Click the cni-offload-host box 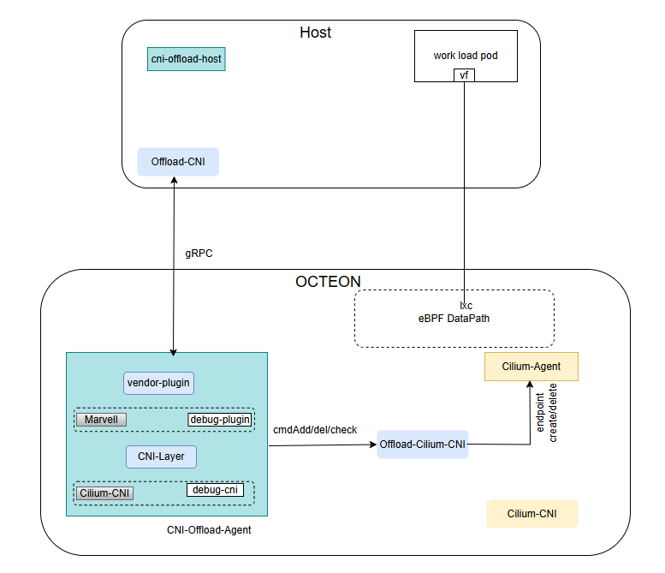click(187, 59)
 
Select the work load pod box click(466, 56)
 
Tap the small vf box click(464, 75)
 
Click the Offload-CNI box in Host click(178, 162)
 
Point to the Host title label click(315, 33)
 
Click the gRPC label click(199, 254)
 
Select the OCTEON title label click(328, 282)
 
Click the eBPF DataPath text click(454, 319)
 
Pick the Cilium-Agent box click(531, 367)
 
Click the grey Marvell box click(101, 420)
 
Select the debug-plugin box click(219, 420)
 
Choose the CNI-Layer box click(161, 457)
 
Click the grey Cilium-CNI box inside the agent click(105, 492)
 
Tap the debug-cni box click(215, 490)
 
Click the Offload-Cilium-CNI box click(423, 445)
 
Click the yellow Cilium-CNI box click(531, 514)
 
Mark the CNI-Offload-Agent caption click(209, 531)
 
